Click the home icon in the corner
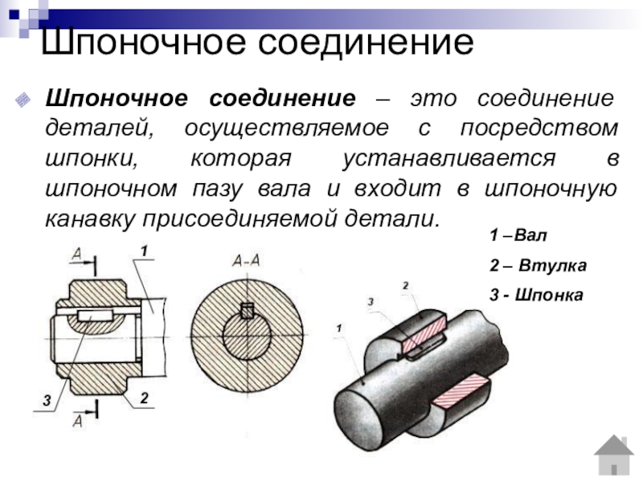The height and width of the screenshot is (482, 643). tap(614, 455)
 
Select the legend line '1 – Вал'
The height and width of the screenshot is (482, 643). tap(518, 237)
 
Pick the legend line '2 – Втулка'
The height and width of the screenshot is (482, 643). tap(538, 266)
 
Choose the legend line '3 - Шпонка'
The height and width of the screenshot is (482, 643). tap(536, 295)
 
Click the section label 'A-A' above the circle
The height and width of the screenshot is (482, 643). tap(245, 259)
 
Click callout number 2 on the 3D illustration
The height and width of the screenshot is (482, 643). tap(405, 285)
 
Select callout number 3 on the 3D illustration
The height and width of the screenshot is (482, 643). tap(371, 300)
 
